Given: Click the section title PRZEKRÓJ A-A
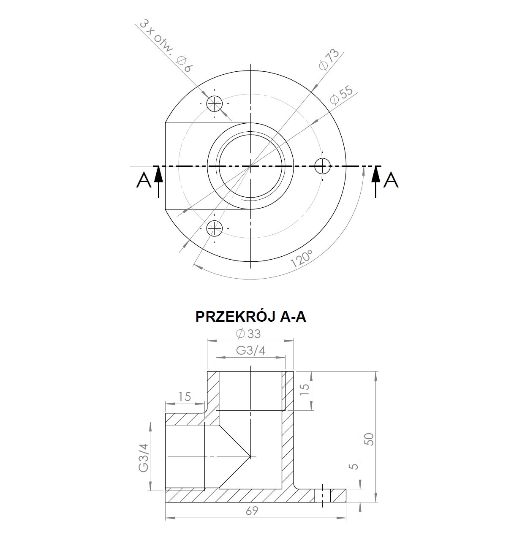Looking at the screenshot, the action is click(x=251, y=317).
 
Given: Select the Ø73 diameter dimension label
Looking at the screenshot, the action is click(x=329, y=60).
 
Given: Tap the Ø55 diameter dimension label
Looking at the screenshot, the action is click(x=341, y=95).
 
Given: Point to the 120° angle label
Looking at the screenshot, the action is click(x=302, y=258).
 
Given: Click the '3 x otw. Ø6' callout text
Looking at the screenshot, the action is click(x=166, y=46).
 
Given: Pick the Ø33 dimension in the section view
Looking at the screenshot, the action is click(x=248, y=334).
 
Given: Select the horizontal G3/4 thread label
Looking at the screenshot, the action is click(x=250, y=350).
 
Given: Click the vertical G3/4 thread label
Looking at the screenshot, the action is click(x=143, y=457).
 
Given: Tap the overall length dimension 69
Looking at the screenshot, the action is click(x=252, y=511).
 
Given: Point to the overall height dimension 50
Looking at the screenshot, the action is click(x=369, y=439).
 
